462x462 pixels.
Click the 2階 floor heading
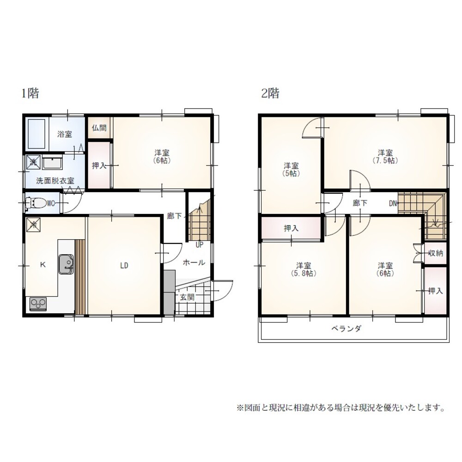(270, 94)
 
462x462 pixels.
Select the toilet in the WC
(36, 202)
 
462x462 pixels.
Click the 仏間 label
(99, 128)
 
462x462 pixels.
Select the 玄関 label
(187, 297)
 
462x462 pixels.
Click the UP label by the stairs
(200, 244)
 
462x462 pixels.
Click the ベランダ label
(346, 329)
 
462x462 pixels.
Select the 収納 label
(436, 253)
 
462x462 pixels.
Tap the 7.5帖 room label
(385, 156)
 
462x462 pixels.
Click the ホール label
(194, 262)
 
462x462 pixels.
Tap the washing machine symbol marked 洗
(33, 162)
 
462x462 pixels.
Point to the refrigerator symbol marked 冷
(34, 225)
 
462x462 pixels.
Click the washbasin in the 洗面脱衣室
(53, 163)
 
